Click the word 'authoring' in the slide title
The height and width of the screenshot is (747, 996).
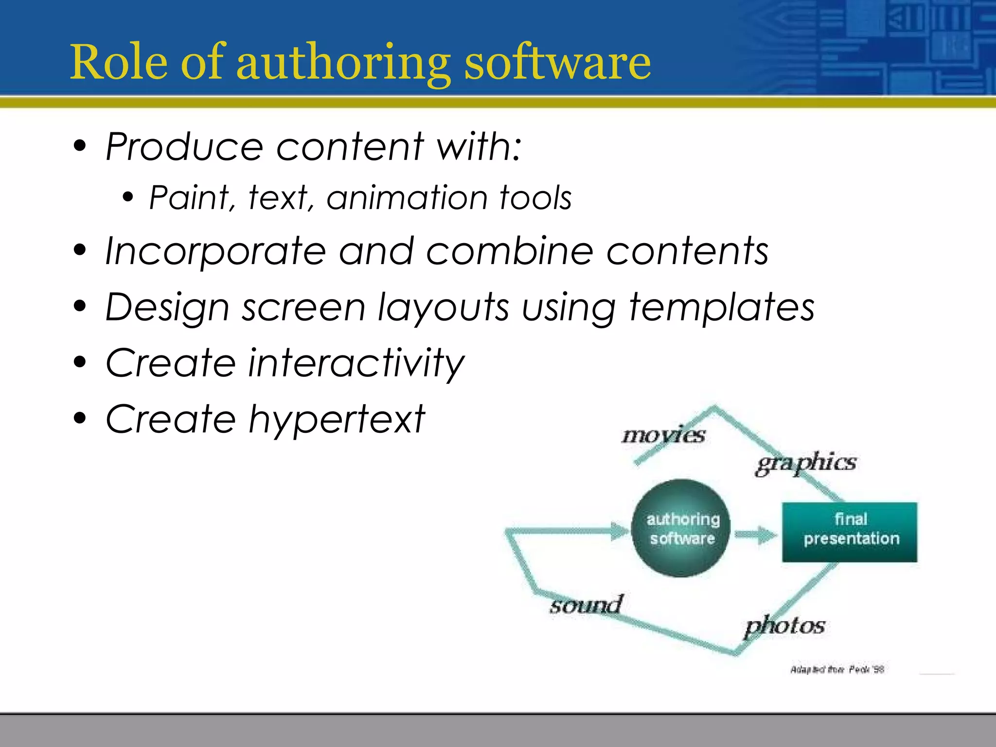(x=343, y=63)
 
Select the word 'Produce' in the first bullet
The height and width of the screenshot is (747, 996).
(x=185, y=146)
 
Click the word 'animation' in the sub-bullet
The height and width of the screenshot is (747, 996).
(x=407, y=198)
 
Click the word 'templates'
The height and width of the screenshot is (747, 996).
(x=722, y=308)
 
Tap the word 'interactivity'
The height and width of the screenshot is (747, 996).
(x=356, y=363)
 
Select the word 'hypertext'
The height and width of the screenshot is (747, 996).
(x=337, y=420)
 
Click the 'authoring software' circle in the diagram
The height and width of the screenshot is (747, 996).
(x=681, y=528)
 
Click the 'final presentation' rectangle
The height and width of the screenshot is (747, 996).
(x=850, y=532)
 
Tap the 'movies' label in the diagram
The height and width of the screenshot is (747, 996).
(x=663, y=434)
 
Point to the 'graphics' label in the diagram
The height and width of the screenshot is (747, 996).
(x=806, y=462)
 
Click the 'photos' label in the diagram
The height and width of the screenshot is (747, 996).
(x=785, y=626)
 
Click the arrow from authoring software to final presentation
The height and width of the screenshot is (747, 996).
(x=755, y=535)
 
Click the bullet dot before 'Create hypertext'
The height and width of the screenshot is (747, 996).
(x=80, y=418)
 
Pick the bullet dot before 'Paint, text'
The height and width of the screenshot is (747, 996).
(x=127, y=197)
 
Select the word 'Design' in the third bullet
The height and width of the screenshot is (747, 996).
(x=167, y=308)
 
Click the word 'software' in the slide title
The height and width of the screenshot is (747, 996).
(x=557, y=63)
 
